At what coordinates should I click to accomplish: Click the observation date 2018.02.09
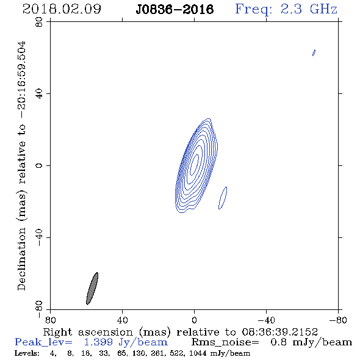[x=62, y=9]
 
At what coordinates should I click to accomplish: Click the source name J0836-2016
[x=175, y=9]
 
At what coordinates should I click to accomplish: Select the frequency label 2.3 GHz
[x=309, y=9]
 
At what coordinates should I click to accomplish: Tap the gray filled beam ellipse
[x=92, y=289]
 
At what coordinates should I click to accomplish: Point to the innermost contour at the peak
[x=195, y=164]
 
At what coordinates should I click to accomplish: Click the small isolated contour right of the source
[x=223, y=198]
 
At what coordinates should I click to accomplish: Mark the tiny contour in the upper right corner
[x=314, y=52]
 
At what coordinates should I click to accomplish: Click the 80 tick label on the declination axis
[x=39, y=22]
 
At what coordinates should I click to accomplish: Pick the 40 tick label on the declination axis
[x=39, y=94]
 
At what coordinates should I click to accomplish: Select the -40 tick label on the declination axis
[x=39, y=237]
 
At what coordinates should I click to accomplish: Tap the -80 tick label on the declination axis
[x=39, y=309]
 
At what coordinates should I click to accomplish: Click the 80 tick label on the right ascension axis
[x=50, y=320]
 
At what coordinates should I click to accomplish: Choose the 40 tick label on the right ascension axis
[x=122, y=320]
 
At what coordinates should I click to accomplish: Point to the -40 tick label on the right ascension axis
[x=266, y=320]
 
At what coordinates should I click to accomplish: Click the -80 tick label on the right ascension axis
[x=338, y=320]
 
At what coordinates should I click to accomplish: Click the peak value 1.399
[x=98, y=342]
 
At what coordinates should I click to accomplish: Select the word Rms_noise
[x=225, y=342]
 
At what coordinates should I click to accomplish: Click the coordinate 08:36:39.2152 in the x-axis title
[x=279, y=332]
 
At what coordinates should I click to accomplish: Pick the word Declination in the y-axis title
[x=21, y=259]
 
